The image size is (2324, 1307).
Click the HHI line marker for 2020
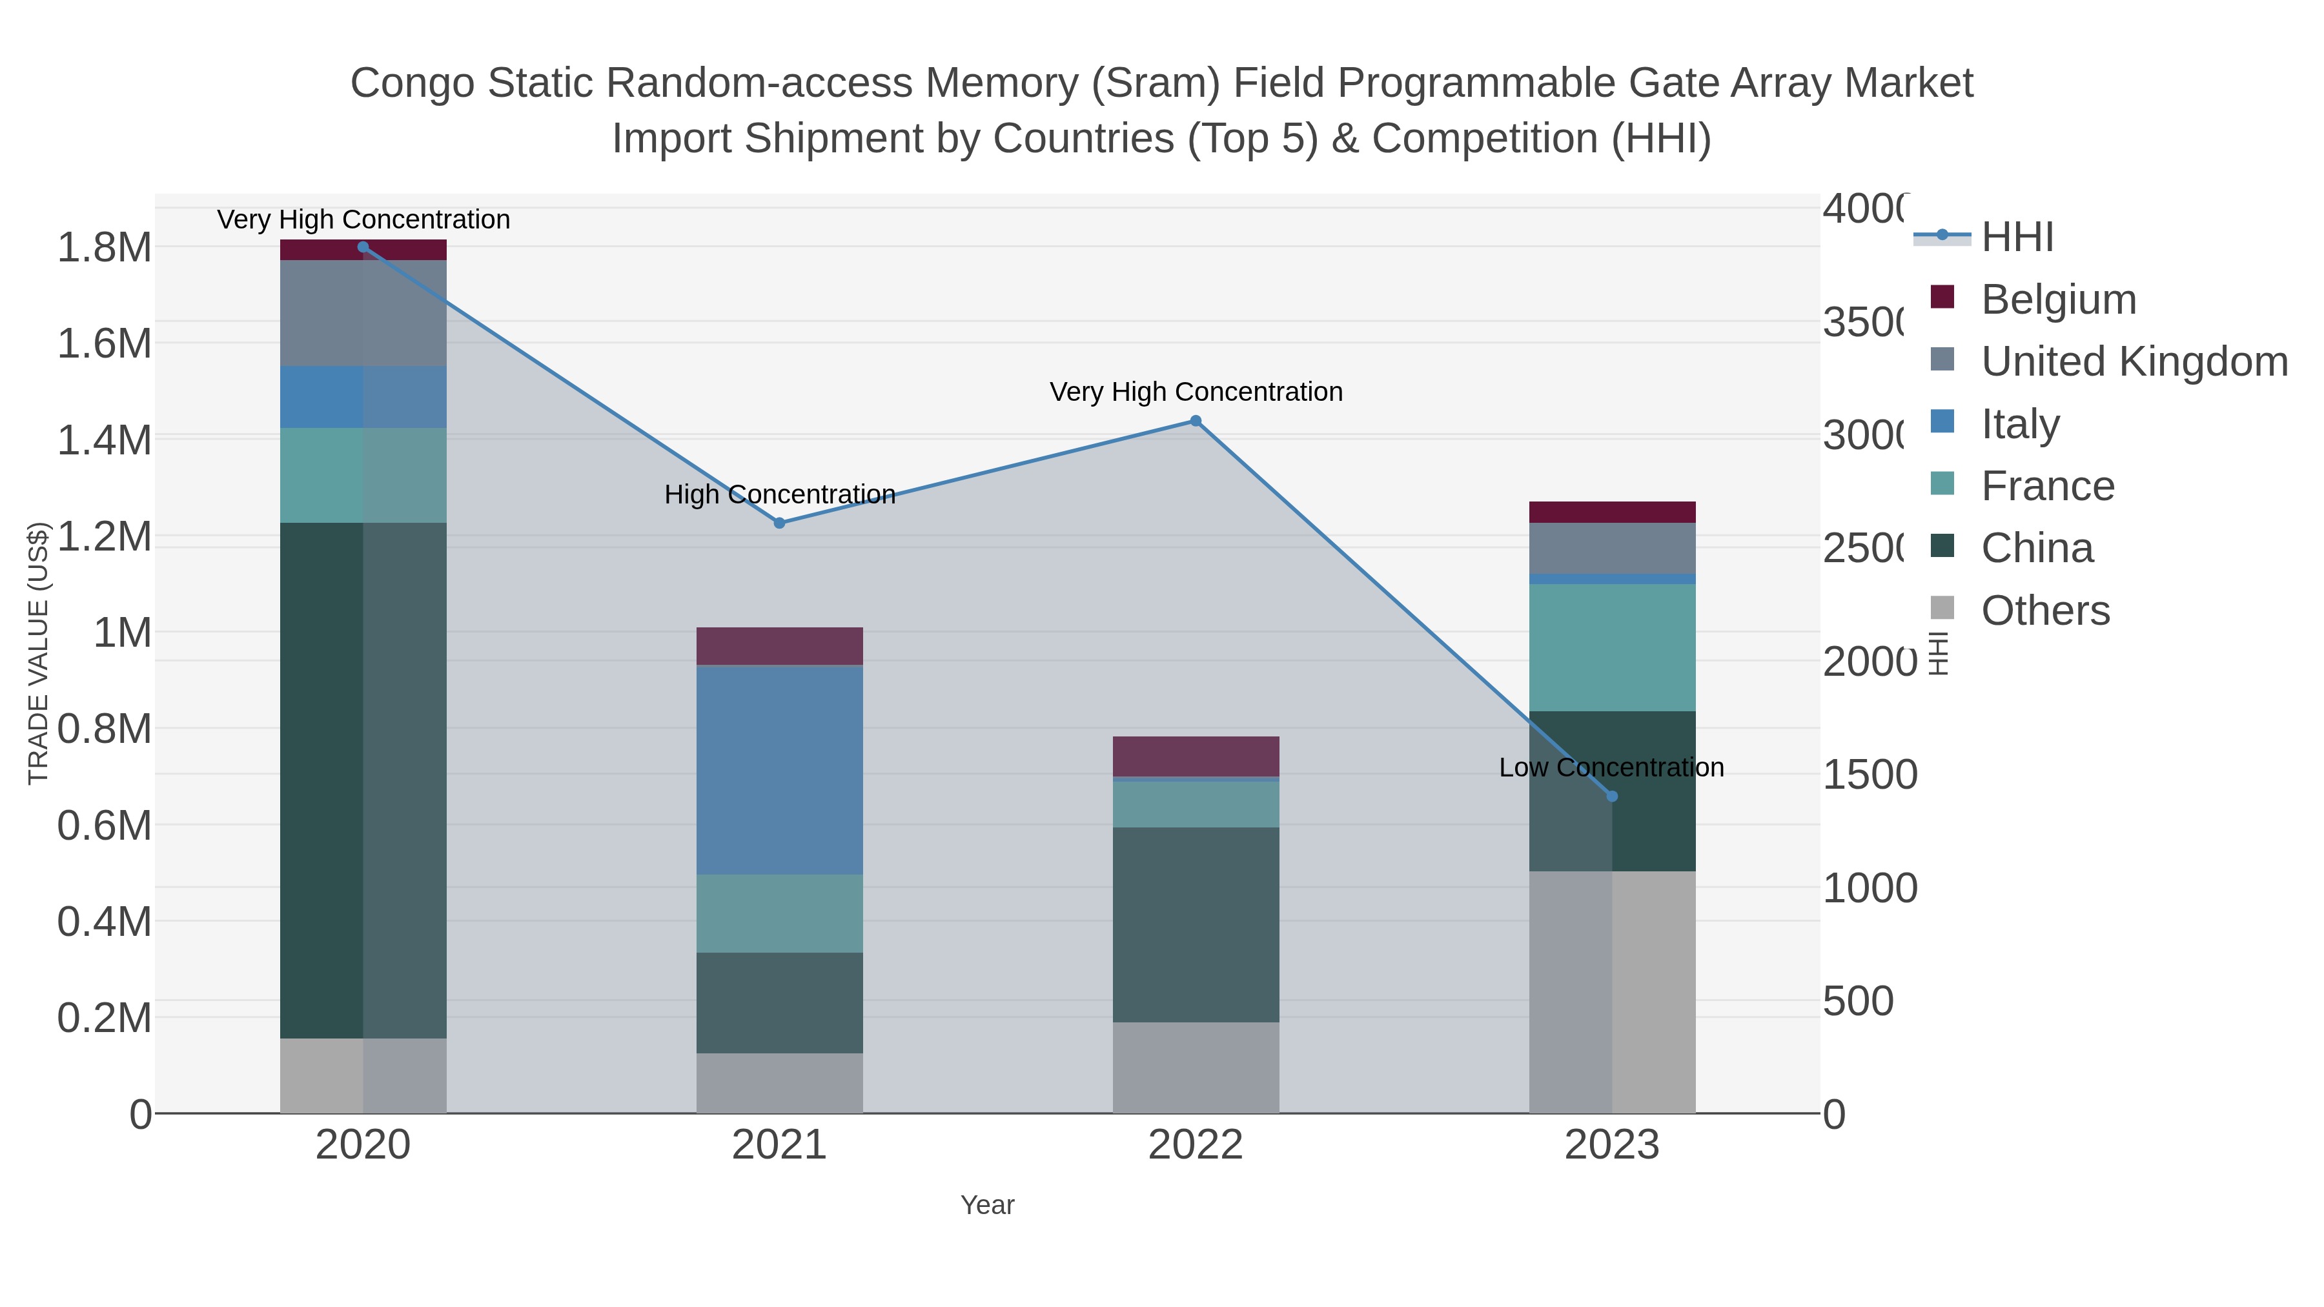(x=363, y=247)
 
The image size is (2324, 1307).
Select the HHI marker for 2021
(x=779, y=523)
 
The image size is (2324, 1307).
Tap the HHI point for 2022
(x=1196, y=421)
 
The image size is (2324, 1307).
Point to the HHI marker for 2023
(x=1612, y=796)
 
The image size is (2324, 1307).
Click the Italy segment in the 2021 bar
(x=779, y=769)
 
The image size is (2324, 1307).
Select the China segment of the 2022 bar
(x=1196, y=924)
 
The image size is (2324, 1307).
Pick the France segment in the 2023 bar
(x=1612, y=647)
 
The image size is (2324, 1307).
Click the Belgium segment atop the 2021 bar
(x=779, y=646)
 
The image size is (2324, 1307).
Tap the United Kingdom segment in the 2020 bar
(x=363, y=313)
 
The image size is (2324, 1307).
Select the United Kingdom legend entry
(x=2134, y=361)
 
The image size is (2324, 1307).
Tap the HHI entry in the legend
(x=2016, y=238)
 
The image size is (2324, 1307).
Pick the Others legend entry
(x=2044, y=611)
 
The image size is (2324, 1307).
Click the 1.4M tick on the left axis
(x=104, y=440)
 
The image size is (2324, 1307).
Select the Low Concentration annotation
(x=1611, y=767)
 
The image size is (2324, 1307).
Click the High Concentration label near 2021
(x=779, y=494)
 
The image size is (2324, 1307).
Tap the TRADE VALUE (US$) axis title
(x=38, y=653)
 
